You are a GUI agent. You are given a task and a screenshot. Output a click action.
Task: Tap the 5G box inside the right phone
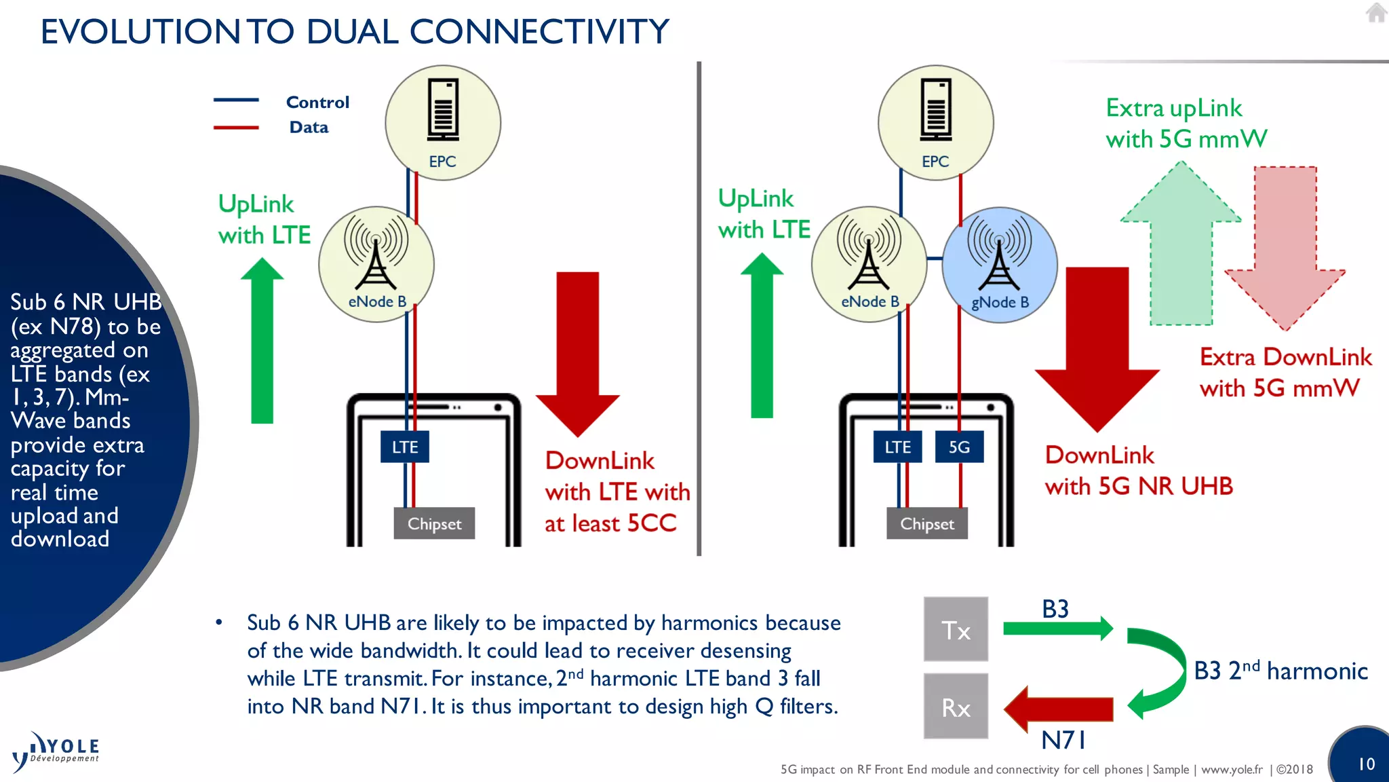coord(959,447)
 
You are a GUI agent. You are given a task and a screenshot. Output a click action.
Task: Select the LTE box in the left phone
coord(405,447)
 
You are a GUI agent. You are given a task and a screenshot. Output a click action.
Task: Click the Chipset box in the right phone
coord(926,523)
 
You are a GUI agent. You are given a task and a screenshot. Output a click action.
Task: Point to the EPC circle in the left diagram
coord(443,123)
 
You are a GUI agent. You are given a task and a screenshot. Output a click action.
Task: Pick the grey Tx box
coord(956,629)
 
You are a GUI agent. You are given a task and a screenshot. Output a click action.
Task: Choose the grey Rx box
coord(956,707)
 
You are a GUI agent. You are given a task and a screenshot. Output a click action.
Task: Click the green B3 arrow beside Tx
coord(1057,628)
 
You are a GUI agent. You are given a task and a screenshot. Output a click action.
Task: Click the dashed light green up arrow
coord(1181,251)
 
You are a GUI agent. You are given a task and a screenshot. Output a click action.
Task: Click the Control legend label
coord(317,103)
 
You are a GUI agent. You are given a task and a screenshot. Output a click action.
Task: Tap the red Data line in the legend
coord(236,127)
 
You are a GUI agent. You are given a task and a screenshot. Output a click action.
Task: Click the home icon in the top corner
coord(1375,13)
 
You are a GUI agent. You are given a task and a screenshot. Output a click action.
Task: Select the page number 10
coord(1366,764)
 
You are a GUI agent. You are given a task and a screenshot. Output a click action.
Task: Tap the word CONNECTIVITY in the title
coord(539,32)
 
